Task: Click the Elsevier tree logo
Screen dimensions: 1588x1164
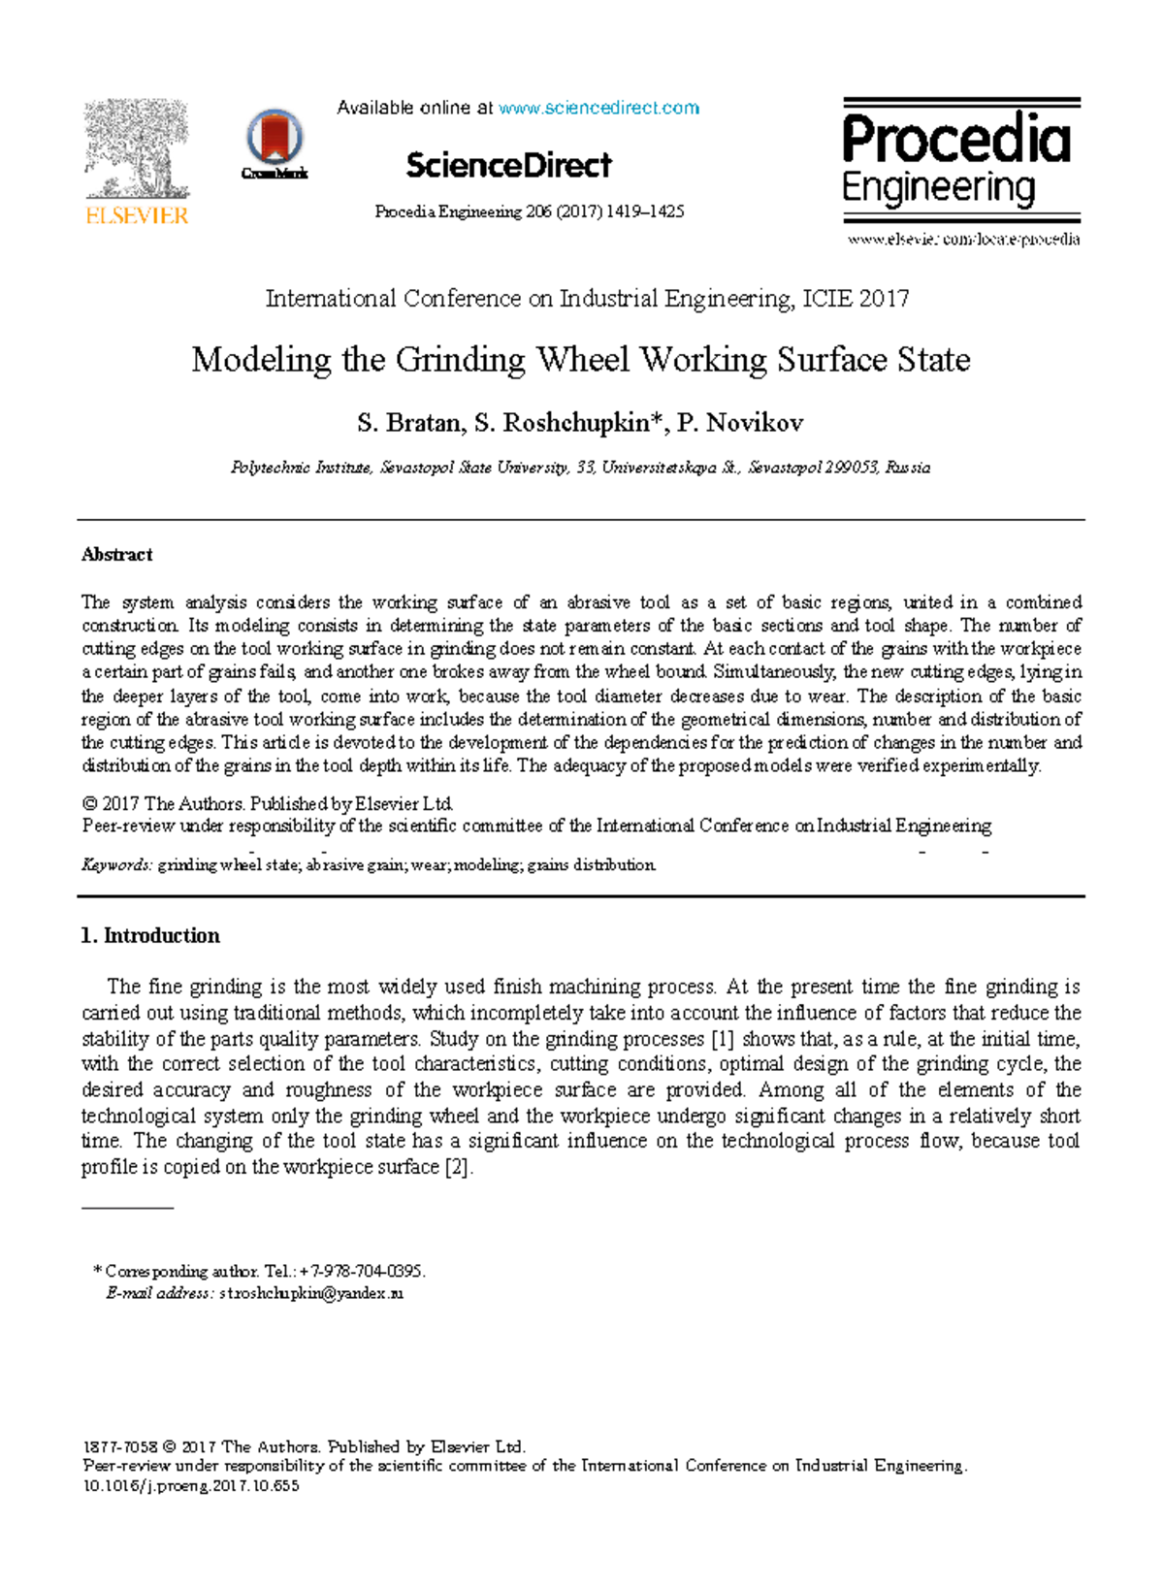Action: [137, 150]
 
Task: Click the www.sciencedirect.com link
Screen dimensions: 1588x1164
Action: [598, 108]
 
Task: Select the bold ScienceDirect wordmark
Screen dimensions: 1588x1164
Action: [508, 165]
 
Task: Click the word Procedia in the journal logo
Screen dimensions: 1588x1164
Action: [956, 139]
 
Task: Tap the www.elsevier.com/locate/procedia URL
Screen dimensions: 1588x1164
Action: [963, 240]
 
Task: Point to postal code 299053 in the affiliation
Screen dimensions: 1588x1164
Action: [852, 468]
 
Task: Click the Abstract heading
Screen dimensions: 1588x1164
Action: [117, 555]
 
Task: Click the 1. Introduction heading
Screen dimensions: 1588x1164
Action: [150, 935]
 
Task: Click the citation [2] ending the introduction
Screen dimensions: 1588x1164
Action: [458, 1167]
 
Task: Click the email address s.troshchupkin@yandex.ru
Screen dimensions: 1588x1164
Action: [310, 1293]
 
